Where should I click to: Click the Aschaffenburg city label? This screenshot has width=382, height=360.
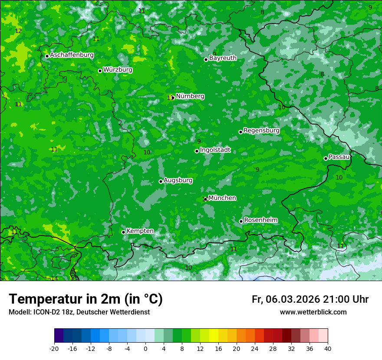pos(72,55)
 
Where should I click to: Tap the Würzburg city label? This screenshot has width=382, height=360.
pos(118,70)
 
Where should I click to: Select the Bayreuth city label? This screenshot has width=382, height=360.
pos(223,58)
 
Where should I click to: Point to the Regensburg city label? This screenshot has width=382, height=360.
pos(261,131)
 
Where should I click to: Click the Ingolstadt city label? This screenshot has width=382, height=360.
pos(215,150)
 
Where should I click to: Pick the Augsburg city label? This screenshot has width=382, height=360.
pos(178,180)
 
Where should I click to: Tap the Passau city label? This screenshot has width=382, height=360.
pos(339,157)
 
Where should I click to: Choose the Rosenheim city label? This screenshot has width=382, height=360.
pos(260,220)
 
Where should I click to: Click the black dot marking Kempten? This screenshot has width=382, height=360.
pos(123,232)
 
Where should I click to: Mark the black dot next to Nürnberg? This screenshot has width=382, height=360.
pos(173,98)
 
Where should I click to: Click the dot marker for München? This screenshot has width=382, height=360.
pos(205,199)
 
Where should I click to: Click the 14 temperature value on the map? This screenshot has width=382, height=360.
pos(54,278)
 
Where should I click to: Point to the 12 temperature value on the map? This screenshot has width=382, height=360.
pos(18,31)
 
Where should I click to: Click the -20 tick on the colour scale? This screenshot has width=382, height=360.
pos(54,349)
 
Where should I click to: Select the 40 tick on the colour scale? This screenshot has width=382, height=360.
pos(328,349)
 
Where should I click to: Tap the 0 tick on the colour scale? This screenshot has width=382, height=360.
pos(145,349)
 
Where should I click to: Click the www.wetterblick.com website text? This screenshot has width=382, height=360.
pos(313,312)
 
